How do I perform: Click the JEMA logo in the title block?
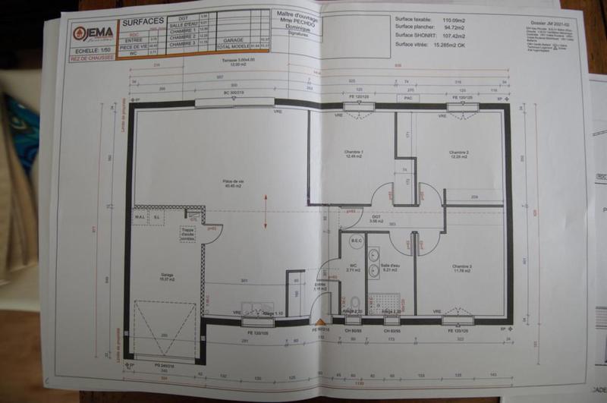coord(94,33)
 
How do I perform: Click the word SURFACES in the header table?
coord(145,22)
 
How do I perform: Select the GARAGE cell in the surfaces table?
coord(234,39)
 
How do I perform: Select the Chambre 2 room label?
coord(458,153)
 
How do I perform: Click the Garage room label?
coord(167,278)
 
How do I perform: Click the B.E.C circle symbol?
coord(357,241)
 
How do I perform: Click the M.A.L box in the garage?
coord(140,216)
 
